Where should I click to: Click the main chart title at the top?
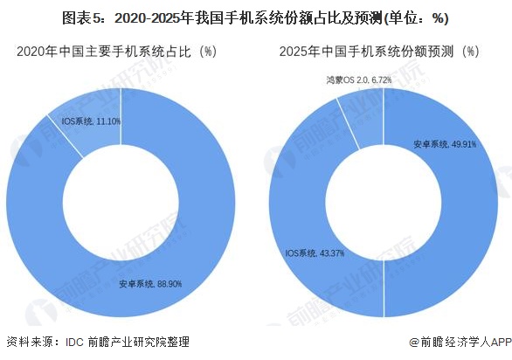[256, 17]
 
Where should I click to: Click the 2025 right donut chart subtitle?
[379, 52]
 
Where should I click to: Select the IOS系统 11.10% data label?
[91, 121]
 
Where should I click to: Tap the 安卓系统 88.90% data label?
[150, 284]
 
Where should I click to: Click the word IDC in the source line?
[75, 343]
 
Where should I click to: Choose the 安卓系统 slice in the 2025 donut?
[454, 210]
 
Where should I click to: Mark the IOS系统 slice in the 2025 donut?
[306, 210]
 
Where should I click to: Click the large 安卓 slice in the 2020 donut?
[175, 262]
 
